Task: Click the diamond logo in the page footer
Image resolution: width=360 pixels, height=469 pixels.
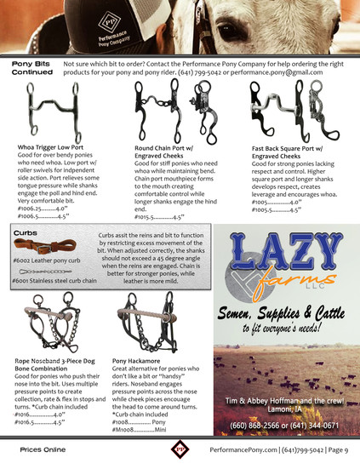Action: pyautogui.click(x=179, y=448)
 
